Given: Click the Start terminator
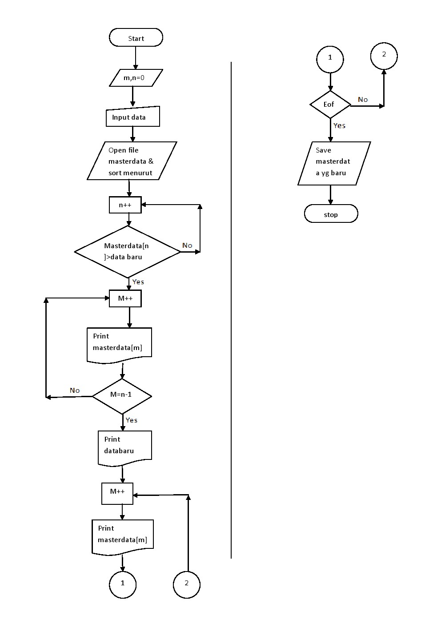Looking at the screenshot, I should click(x=136, y=38).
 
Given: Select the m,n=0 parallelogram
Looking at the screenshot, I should click(x=136, y=78).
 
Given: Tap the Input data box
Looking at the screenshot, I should click(x=132, y=117).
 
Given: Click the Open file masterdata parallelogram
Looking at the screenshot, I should click(x=132, y=161).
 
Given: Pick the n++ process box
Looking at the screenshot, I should click(x=125, y=205).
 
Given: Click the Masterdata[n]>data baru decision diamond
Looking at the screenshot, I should click(x=128, y=252).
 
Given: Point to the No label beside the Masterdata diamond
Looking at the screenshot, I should click(x=187, y=246).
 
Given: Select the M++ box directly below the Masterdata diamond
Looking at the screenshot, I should click(x=125, y=298).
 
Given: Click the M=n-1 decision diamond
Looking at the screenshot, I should click(x=122, y=395).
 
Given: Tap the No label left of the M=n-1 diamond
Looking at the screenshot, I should click(x=75, y=391).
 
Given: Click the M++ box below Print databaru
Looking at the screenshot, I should click(x=117, y=493).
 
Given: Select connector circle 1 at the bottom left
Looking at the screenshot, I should click(x=123, y=584).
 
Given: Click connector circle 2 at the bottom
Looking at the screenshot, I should click(x=186, y=584).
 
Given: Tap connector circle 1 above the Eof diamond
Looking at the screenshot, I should click(x=330, y=58).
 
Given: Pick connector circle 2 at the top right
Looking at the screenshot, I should click(x=384, y=56).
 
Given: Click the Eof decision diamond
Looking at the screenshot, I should click(x=330, y=105).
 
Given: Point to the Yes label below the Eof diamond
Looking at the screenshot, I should click(x=340, y=126).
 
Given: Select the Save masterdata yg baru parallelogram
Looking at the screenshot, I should click(x=334, y=163).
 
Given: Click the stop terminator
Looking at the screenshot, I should click(x=331, y=214).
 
